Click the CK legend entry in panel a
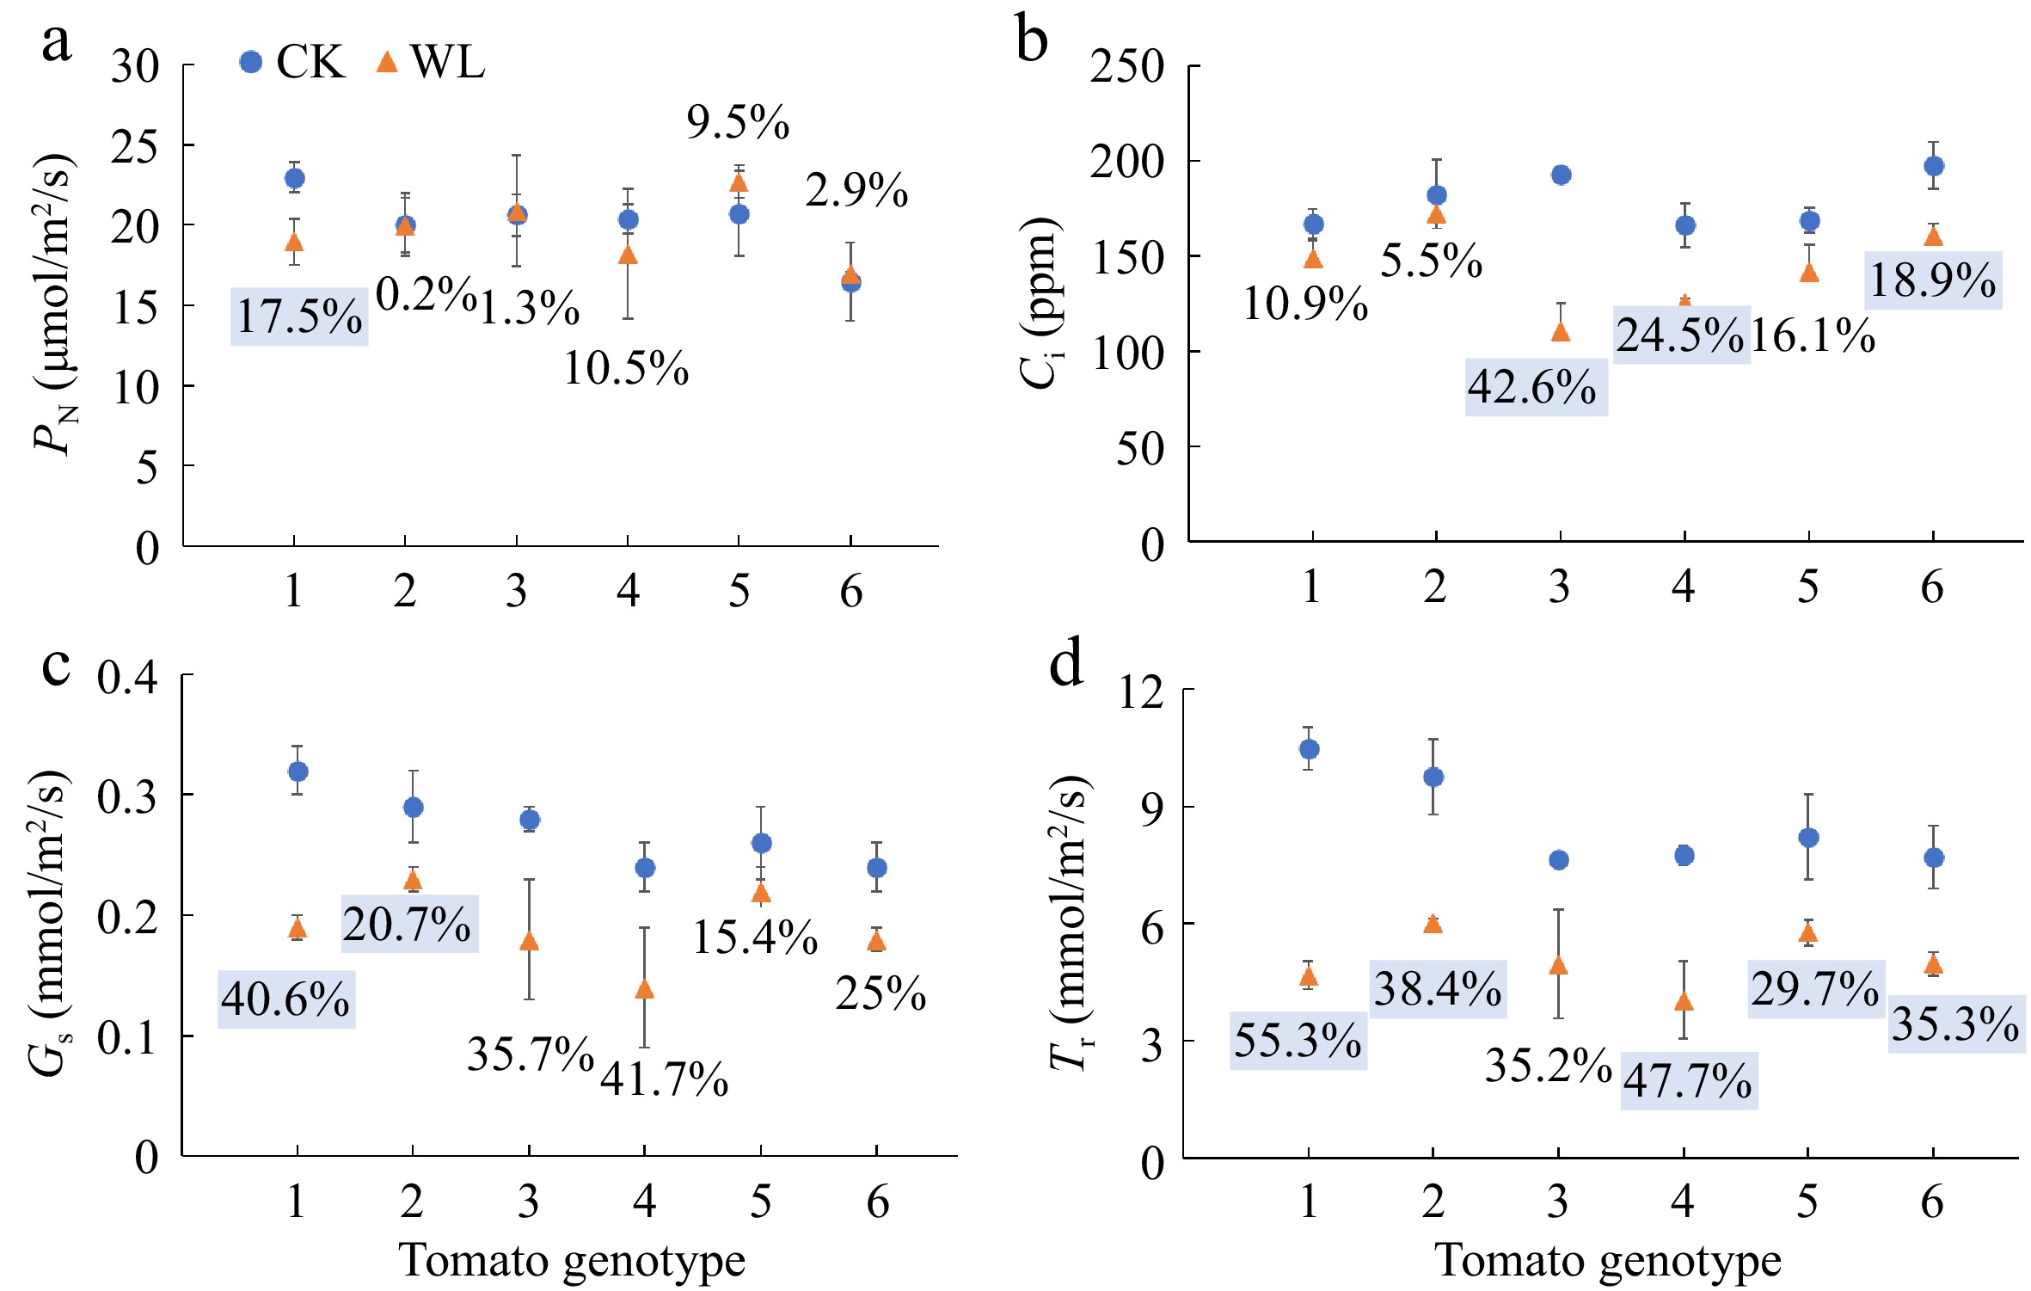[x=292, y=62]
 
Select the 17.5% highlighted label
[x=299, y=317]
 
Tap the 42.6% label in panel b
[x=1536, y=387]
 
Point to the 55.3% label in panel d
[x=1298, y=1040]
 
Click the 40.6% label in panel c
[x=285, y=999]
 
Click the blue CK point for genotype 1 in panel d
[x=1309, y=749]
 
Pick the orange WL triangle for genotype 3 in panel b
[x=1560, y=332]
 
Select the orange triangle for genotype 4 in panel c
[x=644, y=990]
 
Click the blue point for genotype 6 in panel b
[x=1933, y=166]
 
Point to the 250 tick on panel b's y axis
[x=1126, y=67]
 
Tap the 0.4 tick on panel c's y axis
[x=127, y=678]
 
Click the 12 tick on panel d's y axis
[x=1140, y=692]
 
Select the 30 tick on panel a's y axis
[x=135, y=67]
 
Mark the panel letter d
[x=1066, y=665]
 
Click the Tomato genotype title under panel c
[x=572, y=1262]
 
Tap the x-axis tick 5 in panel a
[x=739, y=592]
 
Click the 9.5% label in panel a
[x=738, y=122]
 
